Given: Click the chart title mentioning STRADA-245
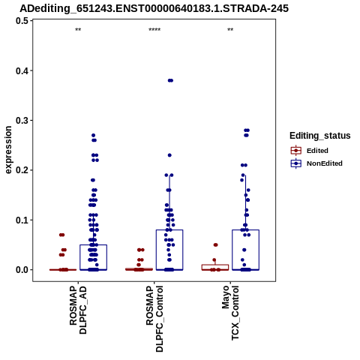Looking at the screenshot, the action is pos(154,8).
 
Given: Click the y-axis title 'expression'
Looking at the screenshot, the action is pos(8,150).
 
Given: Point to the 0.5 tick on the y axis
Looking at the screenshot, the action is pos(22,21).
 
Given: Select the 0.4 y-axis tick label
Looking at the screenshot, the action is pos(22,70).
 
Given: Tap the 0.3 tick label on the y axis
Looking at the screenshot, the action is pos(22,121).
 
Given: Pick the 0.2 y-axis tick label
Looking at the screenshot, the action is pos(22,170).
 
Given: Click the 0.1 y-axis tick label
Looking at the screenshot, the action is pos(22,220).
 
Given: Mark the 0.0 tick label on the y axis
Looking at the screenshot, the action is pos(22,270).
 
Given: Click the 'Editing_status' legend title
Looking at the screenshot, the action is pos(320,136).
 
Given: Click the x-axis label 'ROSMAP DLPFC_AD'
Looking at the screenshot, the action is pos(78,310).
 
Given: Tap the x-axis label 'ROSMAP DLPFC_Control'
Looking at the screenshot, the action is pos(154,319).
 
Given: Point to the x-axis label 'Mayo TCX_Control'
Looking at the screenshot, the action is pos(230,313).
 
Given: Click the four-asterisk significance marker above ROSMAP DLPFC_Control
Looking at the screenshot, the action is pos(154,30).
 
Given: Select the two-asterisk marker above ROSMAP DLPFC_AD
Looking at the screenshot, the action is pos(78,30).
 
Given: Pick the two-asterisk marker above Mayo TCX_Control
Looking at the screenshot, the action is pos(230,30).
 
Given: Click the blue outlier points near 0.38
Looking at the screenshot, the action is pos(170,80).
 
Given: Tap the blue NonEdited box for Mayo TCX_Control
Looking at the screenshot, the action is pos(245,230).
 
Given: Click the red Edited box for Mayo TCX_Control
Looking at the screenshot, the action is pos(215,265).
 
